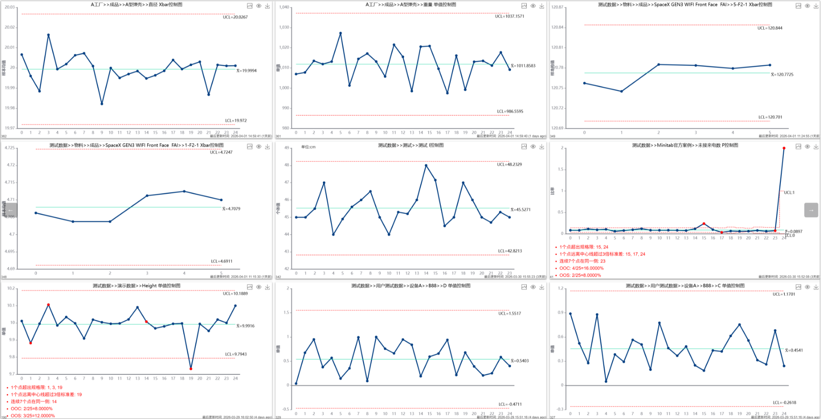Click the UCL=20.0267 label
click(235, 17)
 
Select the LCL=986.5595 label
click(510, 111)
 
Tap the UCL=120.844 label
click(769, 28)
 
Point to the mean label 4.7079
click(231, 209)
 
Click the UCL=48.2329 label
click(509, 164)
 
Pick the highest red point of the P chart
click(784, 148)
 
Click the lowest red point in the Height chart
click(191, 368)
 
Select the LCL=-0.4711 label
click(510, 404)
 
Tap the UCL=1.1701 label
click(784, 294)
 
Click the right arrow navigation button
click(811, 210)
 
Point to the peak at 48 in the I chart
click(426, 166)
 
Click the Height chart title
click(137, 286)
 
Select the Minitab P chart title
click(685, 145)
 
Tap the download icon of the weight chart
click(542, 6)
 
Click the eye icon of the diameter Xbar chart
click(258, 6)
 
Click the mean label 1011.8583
click(523, 66)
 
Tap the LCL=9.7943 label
click(235, 354)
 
